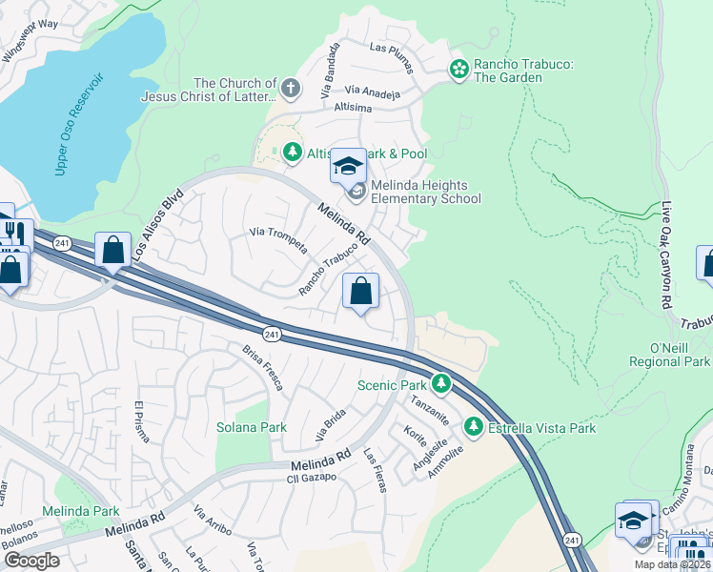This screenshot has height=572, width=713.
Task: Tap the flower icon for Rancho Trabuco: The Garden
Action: [459, 69]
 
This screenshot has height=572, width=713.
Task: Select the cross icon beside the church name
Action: [291, 90]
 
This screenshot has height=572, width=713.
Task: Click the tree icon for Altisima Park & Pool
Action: [292, 153]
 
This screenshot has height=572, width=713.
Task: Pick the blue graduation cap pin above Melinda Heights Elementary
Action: [349, 168]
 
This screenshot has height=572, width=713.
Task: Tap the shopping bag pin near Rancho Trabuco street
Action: [361, 292]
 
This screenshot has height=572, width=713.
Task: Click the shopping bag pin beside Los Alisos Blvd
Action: [113, 252]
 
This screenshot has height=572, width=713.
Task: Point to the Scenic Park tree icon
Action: [440, 384]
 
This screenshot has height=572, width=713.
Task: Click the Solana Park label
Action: [252, 427]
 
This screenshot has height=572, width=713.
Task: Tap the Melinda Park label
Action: [87, 511]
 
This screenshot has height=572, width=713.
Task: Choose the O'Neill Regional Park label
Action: [670, 355]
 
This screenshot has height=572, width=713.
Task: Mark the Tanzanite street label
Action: [428, 411]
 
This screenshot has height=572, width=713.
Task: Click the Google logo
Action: [31, 561]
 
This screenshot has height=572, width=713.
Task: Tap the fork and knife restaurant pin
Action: [12, 232]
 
